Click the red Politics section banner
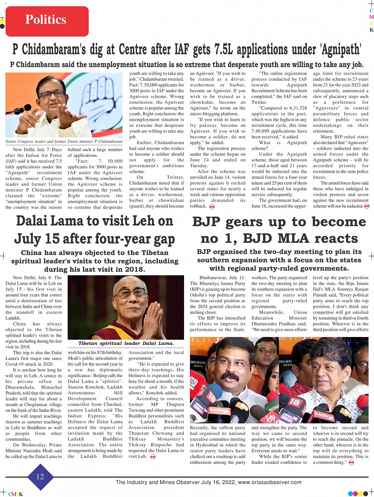click(x=47, y=20)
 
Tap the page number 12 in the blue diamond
click(x=40, y=476)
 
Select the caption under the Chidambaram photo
click(x=64, y=141)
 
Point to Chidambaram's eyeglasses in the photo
click(x=53, y=94)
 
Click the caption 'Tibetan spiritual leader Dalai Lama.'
click(x=126, y=343)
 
